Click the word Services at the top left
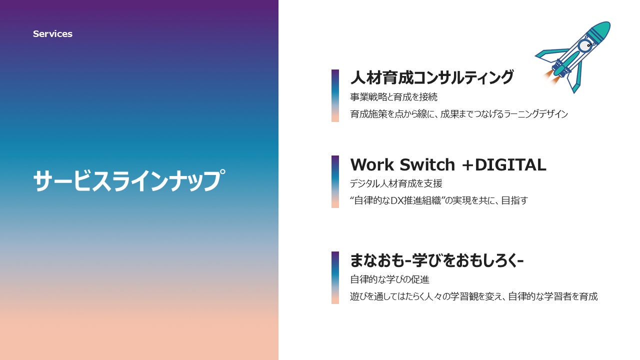(52, 34)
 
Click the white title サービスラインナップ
(129, 180)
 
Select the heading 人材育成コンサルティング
(432, 77)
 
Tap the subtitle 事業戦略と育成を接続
(393, 97)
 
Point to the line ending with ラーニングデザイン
(459, 114)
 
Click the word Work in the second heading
(371, 165)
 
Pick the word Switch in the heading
(427, 165)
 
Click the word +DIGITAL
(504, 165)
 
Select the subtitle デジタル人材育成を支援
(396, 183)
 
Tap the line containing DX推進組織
(439, 200)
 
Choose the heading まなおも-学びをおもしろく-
(437, 260)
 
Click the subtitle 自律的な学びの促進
(389, 279)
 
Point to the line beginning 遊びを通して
(474, 296)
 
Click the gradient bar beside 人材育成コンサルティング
(335, 95)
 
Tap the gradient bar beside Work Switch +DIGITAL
(335, 181)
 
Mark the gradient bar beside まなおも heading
(335, 277)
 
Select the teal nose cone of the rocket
(599, 31)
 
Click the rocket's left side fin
(550, 55)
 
